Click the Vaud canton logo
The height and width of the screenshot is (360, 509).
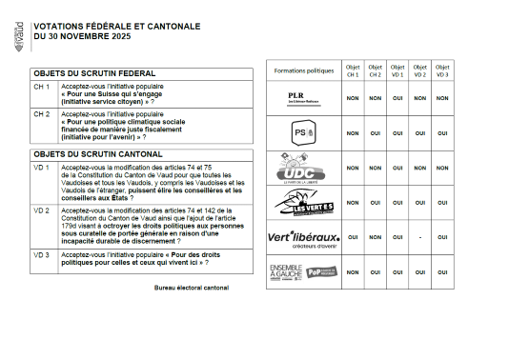coord(21,34)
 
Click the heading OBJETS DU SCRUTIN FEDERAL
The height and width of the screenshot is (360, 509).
coord(93,72)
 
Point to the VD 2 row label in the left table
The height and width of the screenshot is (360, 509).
coord(42,210)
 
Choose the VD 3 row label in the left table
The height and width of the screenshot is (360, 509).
coord(42,255)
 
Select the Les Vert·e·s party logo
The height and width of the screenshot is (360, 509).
coord(303,202)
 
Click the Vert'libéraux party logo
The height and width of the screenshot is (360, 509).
coord(303,237)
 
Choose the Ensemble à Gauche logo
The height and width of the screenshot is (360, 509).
coord(303,271)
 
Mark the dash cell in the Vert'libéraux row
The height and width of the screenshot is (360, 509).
coord(419,237)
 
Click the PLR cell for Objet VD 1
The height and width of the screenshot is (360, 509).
coord(397,98)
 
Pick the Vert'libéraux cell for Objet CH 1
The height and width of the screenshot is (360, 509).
coord(351,237)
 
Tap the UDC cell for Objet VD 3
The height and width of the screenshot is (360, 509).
coord(442,168)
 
